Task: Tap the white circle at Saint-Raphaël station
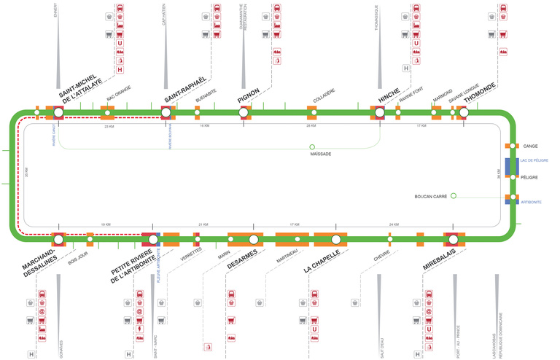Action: (x=166, y=113)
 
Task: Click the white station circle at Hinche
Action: (x=379, y=113)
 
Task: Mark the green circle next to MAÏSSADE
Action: (x=312, y=146)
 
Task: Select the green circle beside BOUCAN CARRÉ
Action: (x=453, y=195)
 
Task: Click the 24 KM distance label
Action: (x=394, y=224)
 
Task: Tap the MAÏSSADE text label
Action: (x=321, y=154)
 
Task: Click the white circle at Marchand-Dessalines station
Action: (x=58, y=238)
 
